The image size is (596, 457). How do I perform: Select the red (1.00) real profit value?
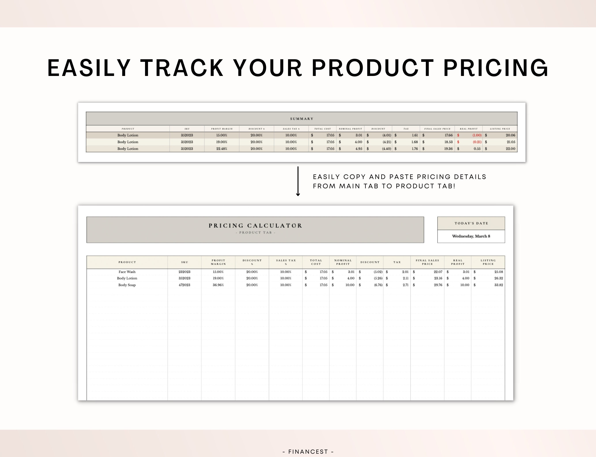tap(477, 135)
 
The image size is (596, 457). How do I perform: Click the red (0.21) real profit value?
tap(477, 142)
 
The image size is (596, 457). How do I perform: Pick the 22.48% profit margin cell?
tap(222, 149)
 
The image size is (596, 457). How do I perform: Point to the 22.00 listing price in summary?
tap(510, 149)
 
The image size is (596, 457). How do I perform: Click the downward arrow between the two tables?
tap(298, 182)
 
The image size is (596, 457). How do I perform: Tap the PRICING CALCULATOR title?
tap(255, 225)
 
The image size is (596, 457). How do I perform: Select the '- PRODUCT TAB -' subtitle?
tap(255, 232)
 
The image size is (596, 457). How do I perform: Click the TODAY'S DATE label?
tap(471, 223)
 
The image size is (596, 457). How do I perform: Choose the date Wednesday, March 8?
tap(471, 236)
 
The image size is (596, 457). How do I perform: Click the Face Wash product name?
tap(127, 272)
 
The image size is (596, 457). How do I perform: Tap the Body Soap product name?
tap(127, 285)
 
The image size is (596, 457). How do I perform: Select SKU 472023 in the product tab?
tap(185, 285)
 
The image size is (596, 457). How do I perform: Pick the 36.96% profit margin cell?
tap(218, 285)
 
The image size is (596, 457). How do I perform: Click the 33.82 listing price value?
tap(498, 285)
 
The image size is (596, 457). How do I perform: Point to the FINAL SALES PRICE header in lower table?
tap(427, 262)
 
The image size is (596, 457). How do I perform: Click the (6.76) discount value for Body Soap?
tap(378, 285)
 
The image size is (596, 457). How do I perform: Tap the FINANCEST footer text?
tap(308, 451)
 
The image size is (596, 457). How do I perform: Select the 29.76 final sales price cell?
tap(438, 285)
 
